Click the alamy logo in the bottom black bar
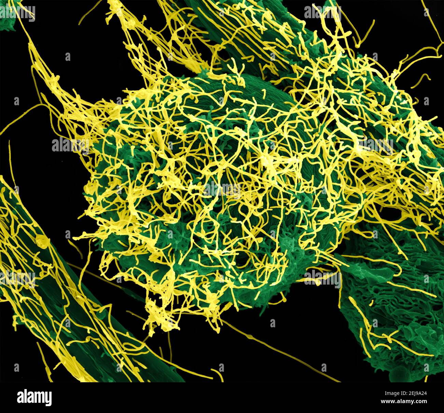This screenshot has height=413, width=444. point(34,397)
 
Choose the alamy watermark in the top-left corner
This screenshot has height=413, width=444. point(17,12)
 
